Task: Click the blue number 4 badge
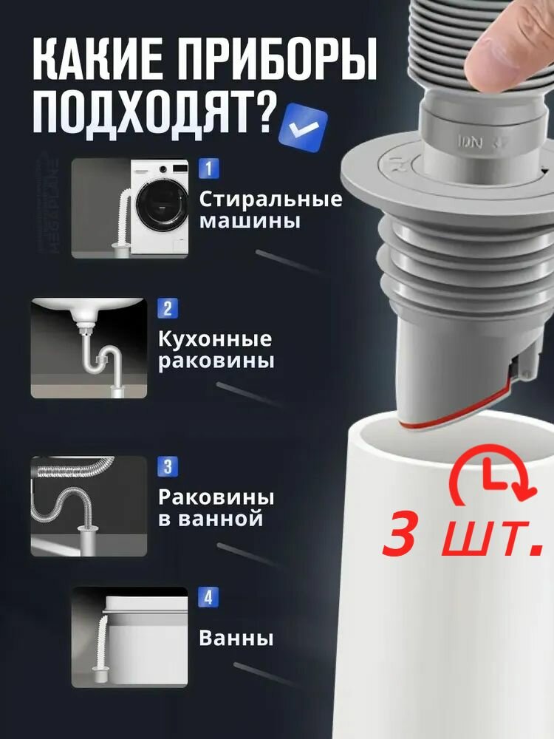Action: point(208,597)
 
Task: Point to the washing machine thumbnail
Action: point(130,208)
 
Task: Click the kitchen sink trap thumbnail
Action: point(88,348)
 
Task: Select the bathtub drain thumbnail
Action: point(130,636)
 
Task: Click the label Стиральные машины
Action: point(270,210)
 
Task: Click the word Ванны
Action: point(236,638)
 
